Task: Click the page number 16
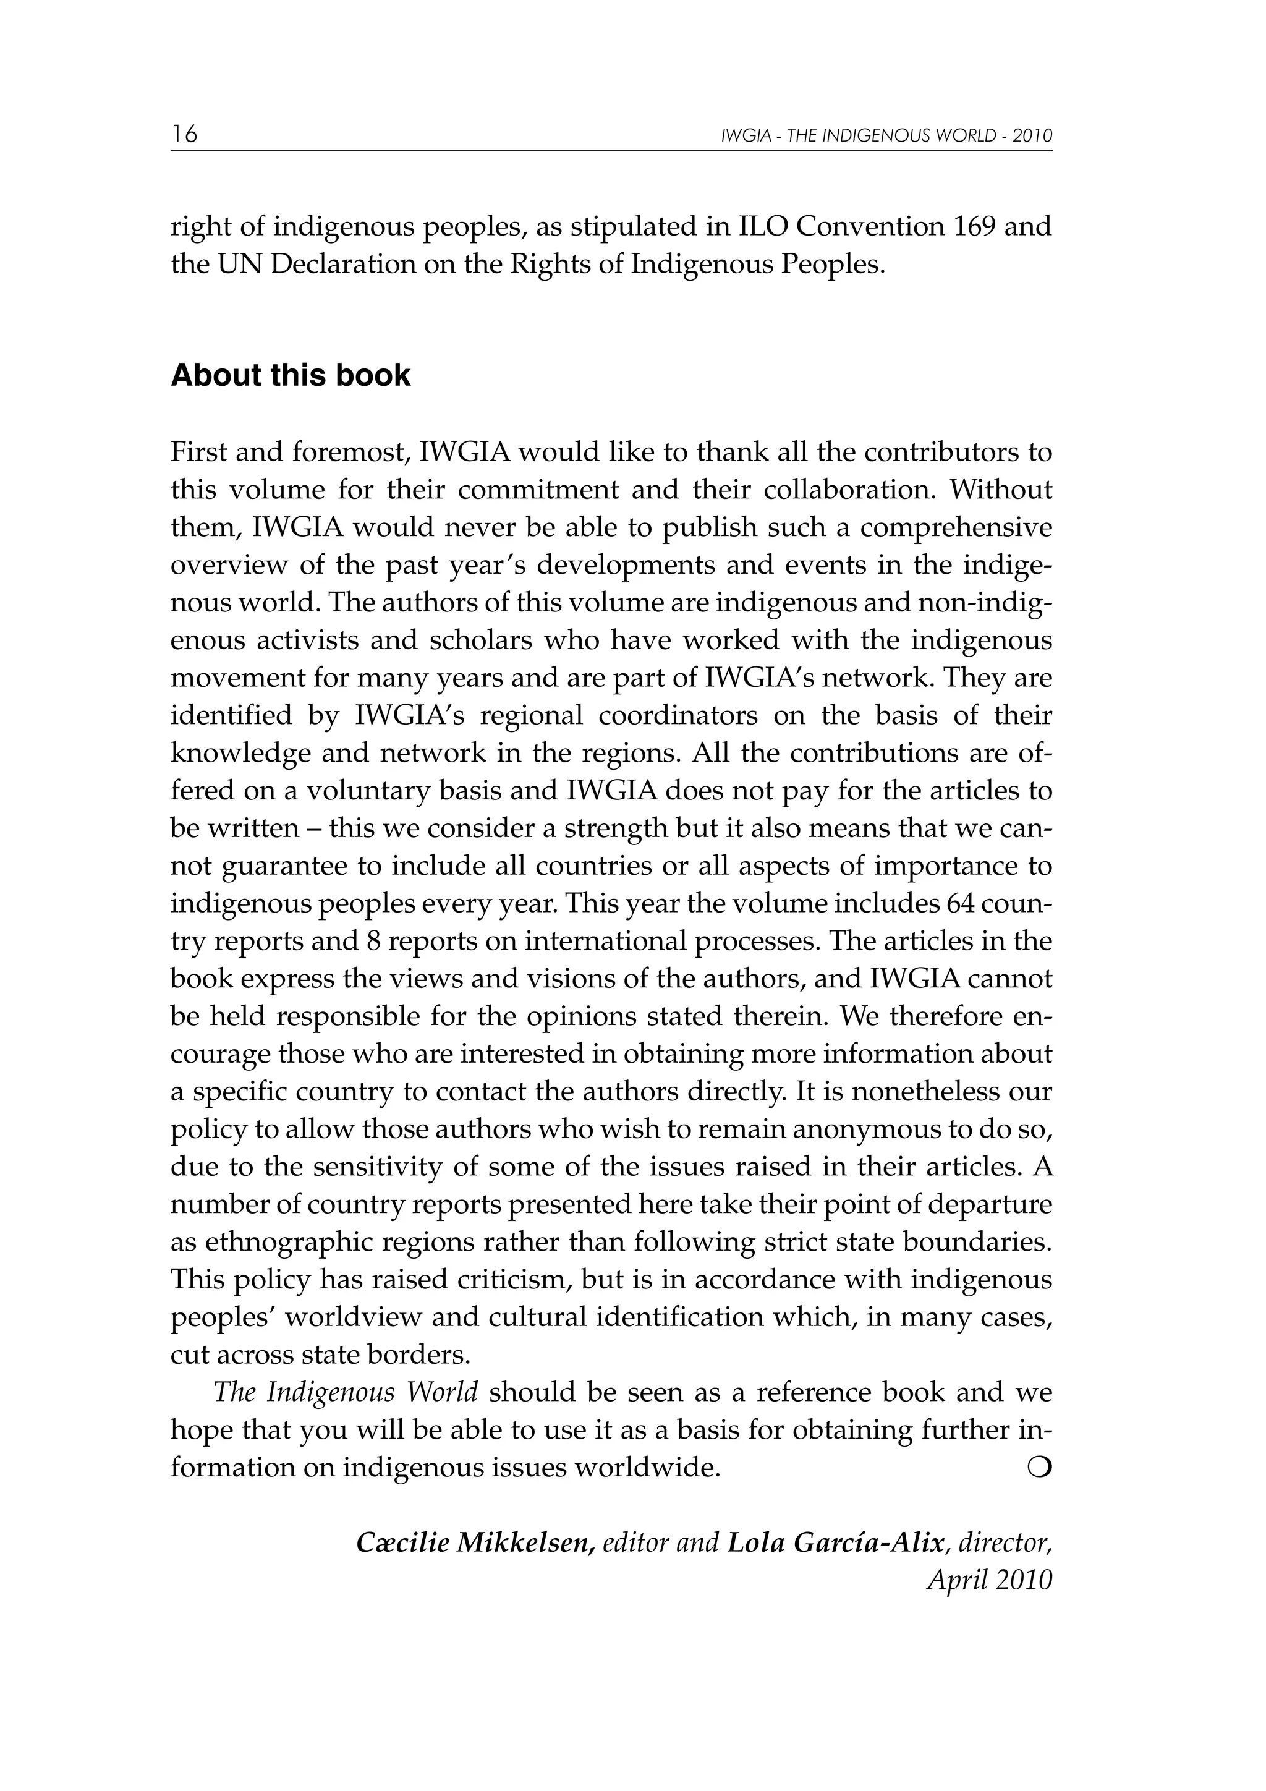click(185, 134)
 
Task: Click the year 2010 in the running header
click(1033, 136)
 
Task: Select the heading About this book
click(290, 376)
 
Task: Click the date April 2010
click(989, 1580)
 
